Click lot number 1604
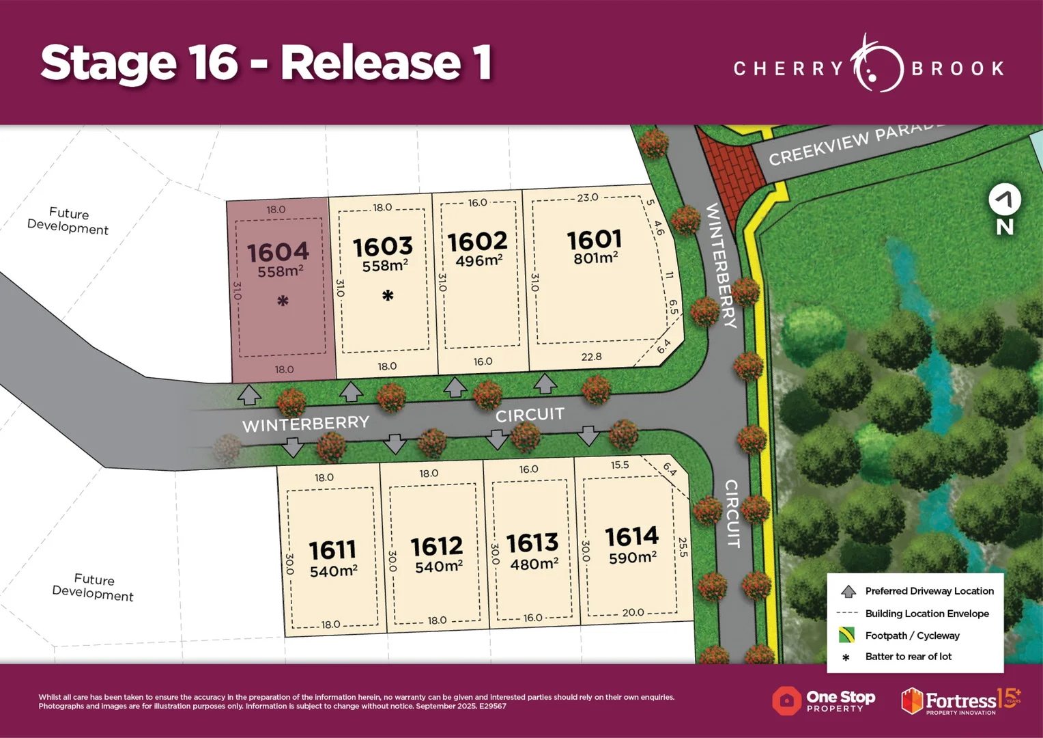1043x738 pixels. (278, 252)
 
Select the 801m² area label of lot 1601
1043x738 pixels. (596, 258)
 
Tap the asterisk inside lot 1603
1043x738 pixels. (388, 296)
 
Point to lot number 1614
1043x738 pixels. (631, 536)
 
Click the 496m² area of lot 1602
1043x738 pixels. (478, 261)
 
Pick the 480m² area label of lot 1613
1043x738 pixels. (534, 564)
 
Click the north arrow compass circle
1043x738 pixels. (1005, 200)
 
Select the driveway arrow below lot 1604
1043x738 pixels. (249, 394)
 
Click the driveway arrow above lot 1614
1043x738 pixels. (588, 435)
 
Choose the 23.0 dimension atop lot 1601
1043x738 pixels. (587, 197)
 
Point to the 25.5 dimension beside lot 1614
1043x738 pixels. (683, 547)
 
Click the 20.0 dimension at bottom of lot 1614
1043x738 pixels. (633, 612)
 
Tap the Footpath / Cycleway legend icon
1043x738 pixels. (847, 635)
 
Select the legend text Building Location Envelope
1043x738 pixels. (926, 614)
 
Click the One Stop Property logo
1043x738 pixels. (824, 700)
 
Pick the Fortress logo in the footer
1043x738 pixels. (960, 701)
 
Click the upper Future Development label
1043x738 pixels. (68, 221)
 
